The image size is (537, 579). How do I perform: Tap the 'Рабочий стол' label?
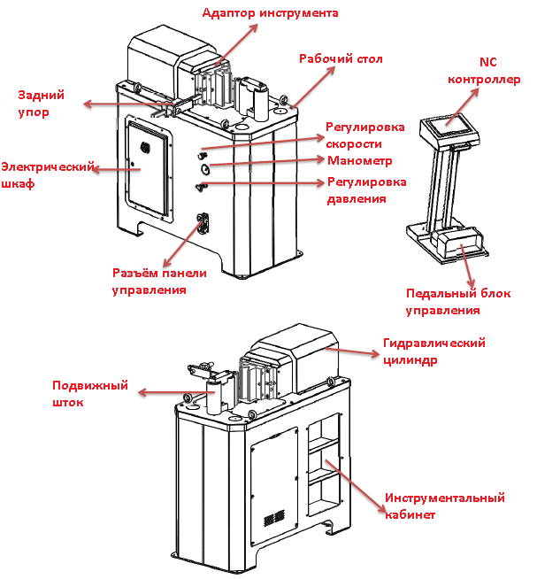coord(341,58)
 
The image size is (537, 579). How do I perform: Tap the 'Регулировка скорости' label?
coord(364,135)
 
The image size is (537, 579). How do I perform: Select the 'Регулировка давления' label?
coord(366,190)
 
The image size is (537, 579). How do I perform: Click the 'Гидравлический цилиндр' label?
coord(434,351)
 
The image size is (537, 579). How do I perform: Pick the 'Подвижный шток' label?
coord(90,395)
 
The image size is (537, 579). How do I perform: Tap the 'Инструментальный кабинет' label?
coord(444,506)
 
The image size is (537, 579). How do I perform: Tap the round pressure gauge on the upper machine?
coord(205,168)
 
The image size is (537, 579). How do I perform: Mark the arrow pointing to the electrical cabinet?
coord(116,169)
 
